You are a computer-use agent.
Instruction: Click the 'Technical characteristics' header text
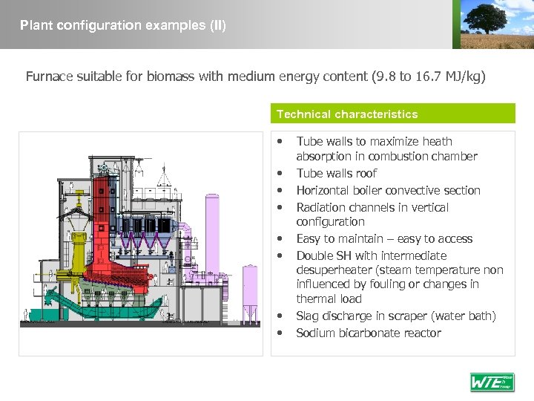click(347, 114)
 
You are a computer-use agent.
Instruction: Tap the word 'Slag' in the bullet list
click(308, 316)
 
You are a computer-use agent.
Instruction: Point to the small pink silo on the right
click(250, 286)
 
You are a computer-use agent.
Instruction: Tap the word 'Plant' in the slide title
click(34, 25)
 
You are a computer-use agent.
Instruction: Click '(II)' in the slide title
click(217, 25)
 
